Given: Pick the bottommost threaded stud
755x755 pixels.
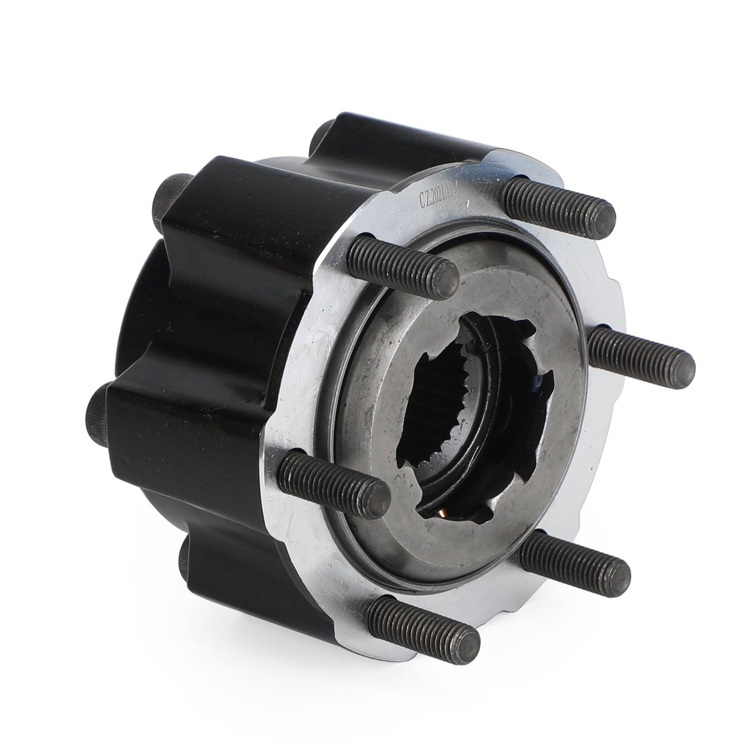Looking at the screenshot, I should (423, 621).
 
